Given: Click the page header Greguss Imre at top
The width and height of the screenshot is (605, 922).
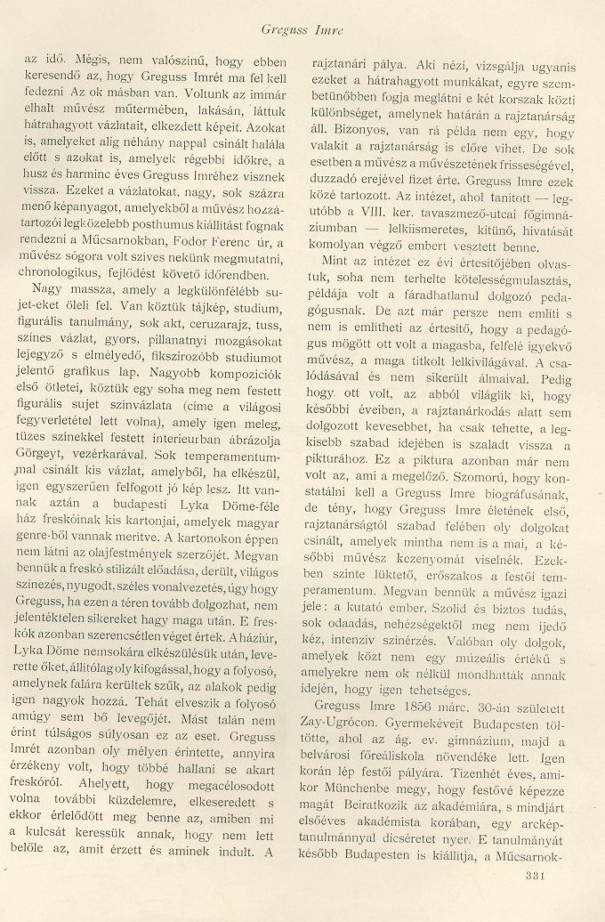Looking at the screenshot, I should tap(302, 32).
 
